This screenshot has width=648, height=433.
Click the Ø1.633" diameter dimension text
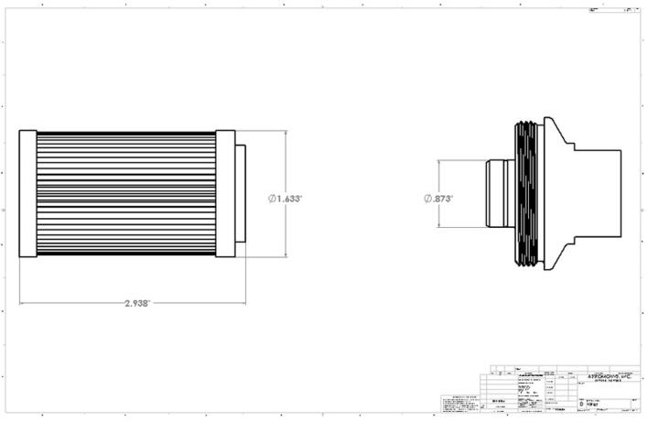pos(286,198)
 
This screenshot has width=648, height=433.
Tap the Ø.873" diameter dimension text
pos(438,199)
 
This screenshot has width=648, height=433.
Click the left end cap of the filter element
pos(27,194)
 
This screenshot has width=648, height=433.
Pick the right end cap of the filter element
pos(225,194)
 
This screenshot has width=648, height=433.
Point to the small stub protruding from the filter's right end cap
pos(240,194)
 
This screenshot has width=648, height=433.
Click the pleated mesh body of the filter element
pos(126,194)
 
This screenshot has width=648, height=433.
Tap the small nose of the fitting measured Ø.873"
pos(499,194)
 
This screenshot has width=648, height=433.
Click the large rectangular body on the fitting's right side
pos(599,194)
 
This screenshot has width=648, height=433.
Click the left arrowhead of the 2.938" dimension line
pos(22,302)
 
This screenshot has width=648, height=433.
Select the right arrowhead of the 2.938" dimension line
pos(243,302)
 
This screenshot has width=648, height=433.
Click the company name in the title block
pos(608,376)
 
